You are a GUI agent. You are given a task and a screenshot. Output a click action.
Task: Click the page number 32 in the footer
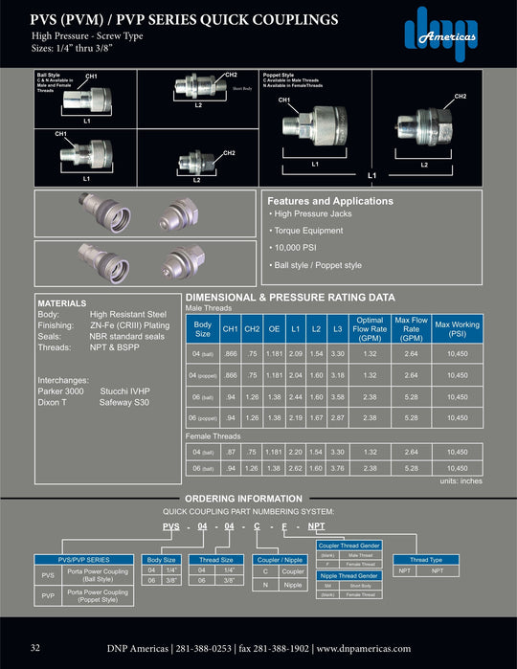[35, 648]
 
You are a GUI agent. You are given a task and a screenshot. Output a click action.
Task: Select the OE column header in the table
[273, 329]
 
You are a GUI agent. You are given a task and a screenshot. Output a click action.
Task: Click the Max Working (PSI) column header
[457, 329]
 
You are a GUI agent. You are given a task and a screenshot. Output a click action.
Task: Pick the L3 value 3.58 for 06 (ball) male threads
[337, 396]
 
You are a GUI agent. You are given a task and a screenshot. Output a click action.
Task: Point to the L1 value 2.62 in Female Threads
[295, 468]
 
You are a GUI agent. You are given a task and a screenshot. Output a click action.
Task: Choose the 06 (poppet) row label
[202, 417]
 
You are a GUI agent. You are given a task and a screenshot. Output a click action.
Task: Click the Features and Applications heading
[329, 202]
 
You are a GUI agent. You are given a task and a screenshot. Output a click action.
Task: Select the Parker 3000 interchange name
[60, 391]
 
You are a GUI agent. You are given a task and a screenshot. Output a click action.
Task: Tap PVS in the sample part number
[170, 527]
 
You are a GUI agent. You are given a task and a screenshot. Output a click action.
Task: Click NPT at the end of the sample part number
[315, 527]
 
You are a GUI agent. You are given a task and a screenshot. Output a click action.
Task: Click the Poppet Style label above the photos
[282, 74]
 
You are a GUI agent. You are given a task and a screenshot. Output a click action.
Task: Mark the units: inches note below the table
[461, 480]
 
